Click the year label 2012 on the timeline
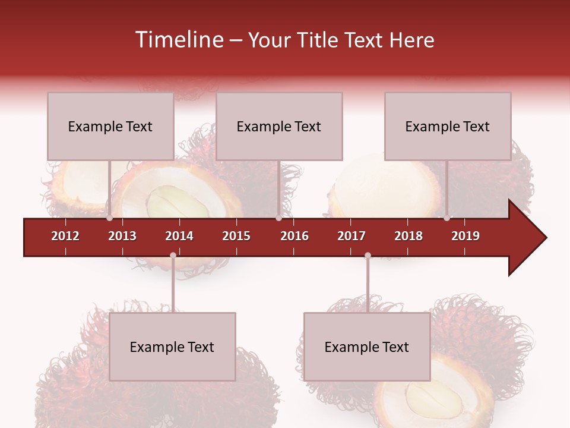tap(65, 236)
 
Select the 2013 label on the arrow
tap(122, 236)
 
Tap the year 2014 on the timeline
tap(179, 236)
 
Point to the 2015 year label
tap(236, 236)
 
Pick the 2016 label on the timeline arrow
tap(294, 236)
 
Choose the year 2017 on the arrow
tap(351, 236)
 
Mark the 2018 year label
tap(408, 236)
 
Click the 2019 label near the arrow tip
tap(465, 236)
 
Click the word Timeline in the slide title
tap(178, 40)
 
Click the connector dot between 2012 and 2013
tap(109, 218)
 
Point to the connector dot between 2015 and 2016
tap(278, 218)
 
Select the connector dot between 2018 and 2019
tap(447, 218)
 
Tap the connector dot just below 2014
tap(173, 256)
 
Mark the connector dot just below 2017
tap(368, 256)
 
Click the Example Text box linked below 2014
tap(172, 347)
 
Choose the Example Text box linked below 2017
tap(367, 347)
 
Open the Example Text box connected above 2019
tap(448, 126)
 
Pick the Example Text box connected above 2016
tap(279, 126)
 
